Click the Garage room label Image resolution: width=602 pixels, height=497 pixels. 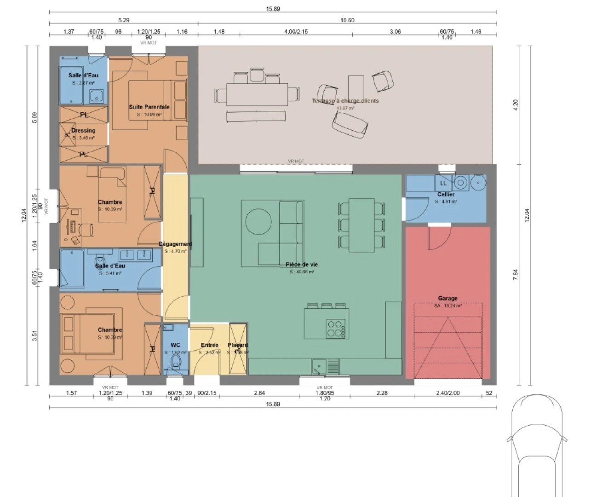coord(447,298)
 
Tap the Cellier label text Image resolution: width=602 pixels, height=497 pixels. coord(446,195)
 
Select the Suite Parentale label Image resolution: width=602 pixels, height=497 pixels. coord(149,107)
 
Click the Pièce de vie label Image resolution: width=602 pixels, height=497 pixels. coord(302,265)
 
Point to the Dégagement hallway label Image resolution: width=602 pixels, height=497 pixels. coord(175,244)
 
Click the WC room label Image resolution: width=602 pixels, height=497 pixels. coord(175,345)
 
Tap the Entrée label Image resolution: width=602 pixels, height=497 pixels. coord(210,345)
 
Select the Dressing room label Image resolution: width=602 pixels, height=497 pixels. coord(83,131)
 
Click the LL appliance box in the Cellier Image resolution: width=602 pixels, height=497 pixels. coord(443,183)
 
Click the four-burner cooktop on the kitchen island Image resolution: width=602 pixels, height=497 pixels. coord(335,328)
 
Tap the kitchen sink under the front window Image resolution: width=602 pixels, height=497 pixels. coord(318,367)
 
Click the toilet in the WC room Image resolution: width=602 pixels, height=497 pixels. coord(176,364)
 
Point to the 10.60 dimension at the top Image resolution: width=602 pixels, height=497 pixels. coord(347,20)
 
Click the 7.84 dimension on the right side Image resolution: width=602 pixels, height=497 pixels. coord(515,274)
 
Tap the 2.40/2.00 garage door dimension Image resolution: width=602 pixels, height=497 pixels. coord(447,393)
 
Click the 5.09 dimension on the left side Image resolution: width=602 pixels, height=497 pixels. coord(35,118)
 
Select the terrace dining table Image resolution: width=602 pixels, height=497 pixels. coord(257,95)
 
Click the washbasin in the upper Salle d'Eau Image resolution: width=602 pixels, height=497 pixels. coord(96,96)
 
